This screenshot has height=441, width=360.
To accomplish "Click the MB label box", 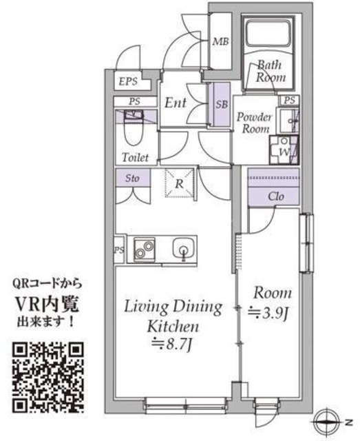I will pos(220,42).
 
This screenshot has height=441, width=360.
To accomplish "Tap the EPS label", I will pos(128,81).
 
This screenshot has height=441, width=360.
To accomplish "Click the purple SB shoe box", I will pos(222,104).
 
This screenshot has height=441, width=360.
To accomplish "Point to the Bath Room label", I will pos(271,71).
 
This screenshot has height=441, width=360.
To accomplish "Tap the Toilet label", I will pos(136,156).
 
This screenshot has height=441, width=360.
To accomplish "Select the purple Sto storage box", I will pos(132,178).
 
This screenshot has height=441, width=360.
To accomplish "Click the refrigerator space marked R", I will pos(179,184).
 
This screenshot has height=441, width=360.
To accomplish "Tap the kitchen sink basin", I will pos(184,249).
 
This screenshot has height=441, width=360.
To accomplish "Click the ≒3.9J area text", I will pos(269,314).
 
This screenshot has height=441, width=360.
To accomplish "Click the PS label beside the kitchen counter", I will pos(119,249).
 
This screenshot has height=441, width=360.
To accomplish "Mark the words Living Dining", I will pos(173,306).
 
